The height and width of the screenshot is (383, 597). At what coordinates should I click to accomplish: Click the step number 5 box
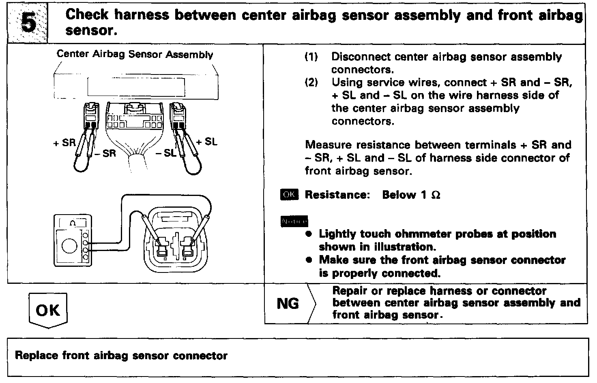click(x=28, y=22)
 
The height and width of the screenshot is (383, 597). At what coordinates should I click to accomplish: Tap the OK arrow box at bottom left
click(x=48, y=311)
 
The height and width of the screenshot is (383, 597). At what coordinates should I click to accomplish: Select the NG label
click(x=288, y=304)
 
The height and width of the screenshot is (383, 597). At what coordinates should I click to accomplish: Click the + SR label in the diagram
click(x=64, y=143)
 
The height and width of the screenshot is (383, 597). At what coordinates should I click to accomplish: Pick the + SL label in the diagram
click(x=207, y=142)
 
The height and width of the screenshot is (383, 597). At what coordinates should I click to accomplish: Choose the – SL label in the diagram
click(x=165, y=153)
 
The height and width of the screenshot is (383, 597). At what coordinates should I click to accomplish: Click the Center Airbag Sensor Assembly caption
click(x=135, y=54)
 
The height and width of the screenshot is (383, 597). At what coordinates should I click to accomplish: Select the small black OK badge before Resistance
click(x=289, y=195)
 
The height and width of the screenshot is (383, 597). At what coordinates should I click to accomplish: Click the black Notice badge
click(x=294, y=221)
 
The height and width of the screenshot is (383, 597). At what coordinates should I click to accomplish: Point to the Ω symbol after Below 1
click(x=436, y=195)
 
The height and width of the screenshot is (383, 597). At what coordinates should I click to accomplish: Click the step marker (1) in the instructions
click(x=311, y=57)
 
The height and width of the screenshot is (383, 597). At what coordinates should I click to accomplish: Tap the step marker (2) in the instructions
click(x=311, y=83)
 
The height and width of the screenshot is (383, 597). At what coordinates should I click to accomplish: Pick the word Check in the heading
click(x=87, y=15)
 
